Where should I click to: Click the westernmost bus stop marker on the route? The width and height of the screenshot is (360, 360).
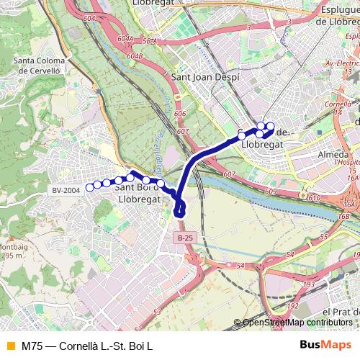[x=89, y=188]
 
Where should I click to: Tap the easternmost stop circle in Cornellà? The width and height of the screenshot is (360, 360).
[x=271, y=127]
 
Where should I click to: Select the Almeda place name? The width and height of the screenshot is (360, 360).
[x=333, y=155]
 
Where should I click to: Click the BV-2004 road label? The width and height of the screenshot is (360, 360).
[x=66, y=190]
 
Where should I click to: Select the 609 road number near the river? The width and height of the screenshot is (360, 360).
[x=270, y=192]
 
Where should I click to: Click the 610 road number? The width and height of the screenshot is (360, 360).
[x=313, y=197]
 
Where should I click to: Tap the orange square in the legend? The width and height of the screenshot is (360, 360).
[x=9, y=346]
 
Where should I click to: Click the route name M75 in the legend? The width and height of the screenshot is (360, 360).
[x=30, y=346]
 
